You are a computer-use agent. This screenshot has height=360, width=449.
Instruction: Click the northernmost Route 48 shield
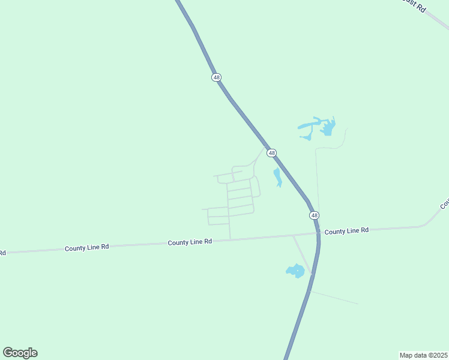coord(217,77)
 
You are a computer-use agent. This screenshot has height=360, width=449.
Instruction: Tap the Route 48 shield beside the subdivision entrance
coord(272,153)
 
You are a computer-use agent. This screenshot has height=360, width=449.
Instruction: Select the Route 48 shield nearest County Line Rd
coord(314,215)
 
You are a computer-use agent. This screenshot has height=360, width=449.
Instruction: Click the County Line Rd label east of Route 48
coord(346,230)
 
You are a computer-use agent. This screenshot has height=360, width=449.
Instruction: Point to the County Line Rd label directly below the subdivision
coord(190,242)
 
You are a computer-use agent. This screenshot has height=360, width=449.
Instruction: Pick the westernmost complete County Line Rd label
coord(87,247)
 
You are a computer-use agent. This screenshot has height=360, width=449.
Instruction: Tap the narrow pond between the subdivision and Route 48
coord(277,177)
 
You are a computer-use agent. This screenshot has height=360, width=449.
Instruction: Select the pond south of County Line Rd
coord(295,271)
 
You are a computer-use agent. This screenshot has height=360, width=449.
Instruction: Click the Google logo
coord(20,353)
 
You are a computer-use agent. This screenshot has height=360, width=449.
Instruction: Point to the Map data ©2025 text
coord(423,355)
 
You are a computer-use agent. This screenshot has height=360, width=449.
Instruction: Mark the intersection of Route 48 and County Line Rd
coord(318,233)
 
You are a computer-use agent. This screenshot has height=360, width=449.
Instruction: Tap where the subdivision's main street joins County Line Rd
coord(231,239)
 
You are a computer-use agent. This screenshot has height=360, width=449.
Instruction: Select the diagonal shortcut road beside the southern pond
coord(302,254)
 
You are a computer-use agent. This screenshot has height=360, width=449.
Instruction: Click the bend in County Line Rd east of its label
coord(425,226)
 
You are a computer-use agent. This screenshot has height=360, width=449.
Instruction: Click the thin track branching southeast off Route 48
coord(334,298)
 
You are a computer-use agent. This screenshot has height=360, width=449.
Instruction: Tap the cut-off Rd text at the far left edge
coord(2,253)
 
